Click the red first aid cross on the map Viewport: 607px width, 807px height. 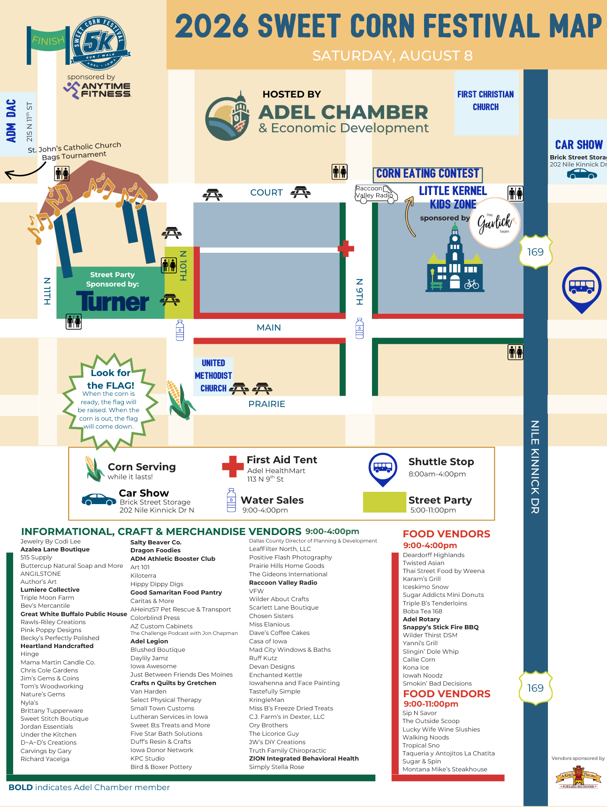(346, 249)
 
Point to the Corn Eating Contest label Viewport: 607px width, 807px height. (428, 174)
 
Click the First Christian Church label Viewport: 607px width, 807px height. (486, 100)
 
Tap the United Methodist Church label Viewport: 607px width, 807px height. (213, 376)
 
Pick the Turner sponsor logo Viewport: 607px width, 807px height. (113, 301)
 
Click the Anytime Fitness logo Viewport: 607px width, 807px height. (98, 90)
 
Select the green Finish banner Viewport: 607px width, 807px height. (48, 41)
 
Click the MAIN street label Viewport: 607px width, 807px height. (269, 327)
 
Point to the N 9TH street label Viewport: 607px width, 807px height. (360, 292)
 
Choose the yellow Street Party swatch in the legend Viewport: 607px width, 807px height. (385, 502)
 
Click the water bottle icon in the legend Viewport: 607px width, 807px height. (231, 500)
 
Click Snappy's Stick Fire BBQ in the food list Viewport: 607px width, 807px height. (440, 627)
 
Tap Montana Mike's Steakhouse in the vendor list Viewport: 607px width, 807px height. (445, 769)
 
